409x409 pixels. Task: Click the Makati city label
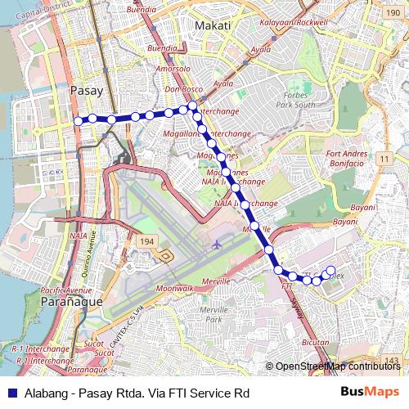[x=214, y=26]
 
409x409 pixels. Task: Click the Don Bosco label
[x=182, y=89]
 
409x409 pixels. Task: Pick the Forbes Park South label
[x=295, y=99]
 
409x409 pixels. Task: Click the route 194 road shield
[x=146, y=242]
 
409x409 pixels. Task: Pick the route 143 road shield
[x=393, y=361]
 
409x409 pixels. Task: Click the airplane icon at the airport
[x=217, y=244]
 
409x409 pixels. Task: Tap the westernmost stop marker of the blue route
[x=79, y=120]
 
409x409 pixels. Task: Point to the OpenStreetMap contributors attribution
[x=338, y=366]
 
